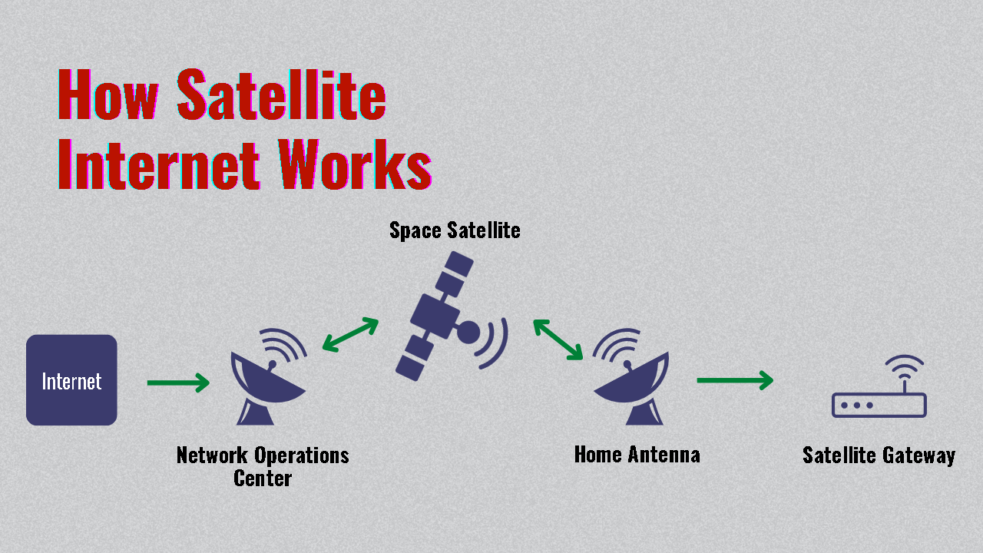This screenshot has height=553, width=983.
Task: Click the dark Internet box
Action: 71,380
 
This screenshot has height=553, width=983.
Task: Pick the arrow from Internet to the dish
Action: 178,382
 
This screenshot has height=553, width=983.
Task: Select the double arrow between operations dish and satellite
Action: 350,335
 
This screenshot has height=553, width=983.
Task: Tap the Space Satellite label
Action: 455,230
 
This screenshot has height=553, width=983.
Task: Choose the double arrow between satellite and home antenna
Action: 558,339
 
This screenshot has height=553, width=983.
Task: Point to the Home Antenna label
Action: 637,454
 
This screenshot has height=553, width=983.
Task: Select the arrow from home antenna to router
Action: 735,380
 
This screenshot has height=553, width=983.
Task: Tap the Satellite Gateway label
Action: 879,455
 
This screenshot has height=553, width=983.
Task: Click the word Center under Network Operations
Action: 263,478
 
